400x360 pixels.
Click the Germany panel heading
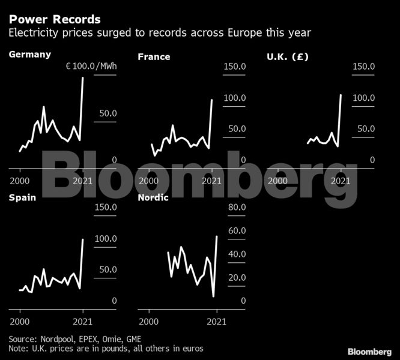pyautogui.click(x=29, y=55)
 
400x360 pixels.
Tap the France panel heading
pyautogui.click(x=154, y=57)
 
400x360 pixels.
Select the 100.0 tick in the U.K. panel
pyautogui.click(x=363, y=97)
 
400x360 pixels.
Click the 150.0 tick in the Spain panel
pyautogui.click(x=106, y=207)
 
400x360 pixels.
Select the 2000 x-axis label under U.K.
pyautogui.click(x=277, y=180)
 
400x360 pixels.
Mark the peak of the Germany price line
pyautogui.click(x=83, y=77)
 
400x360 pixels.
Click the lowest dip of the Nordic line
pyautogui.click(x=213, y=296)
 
